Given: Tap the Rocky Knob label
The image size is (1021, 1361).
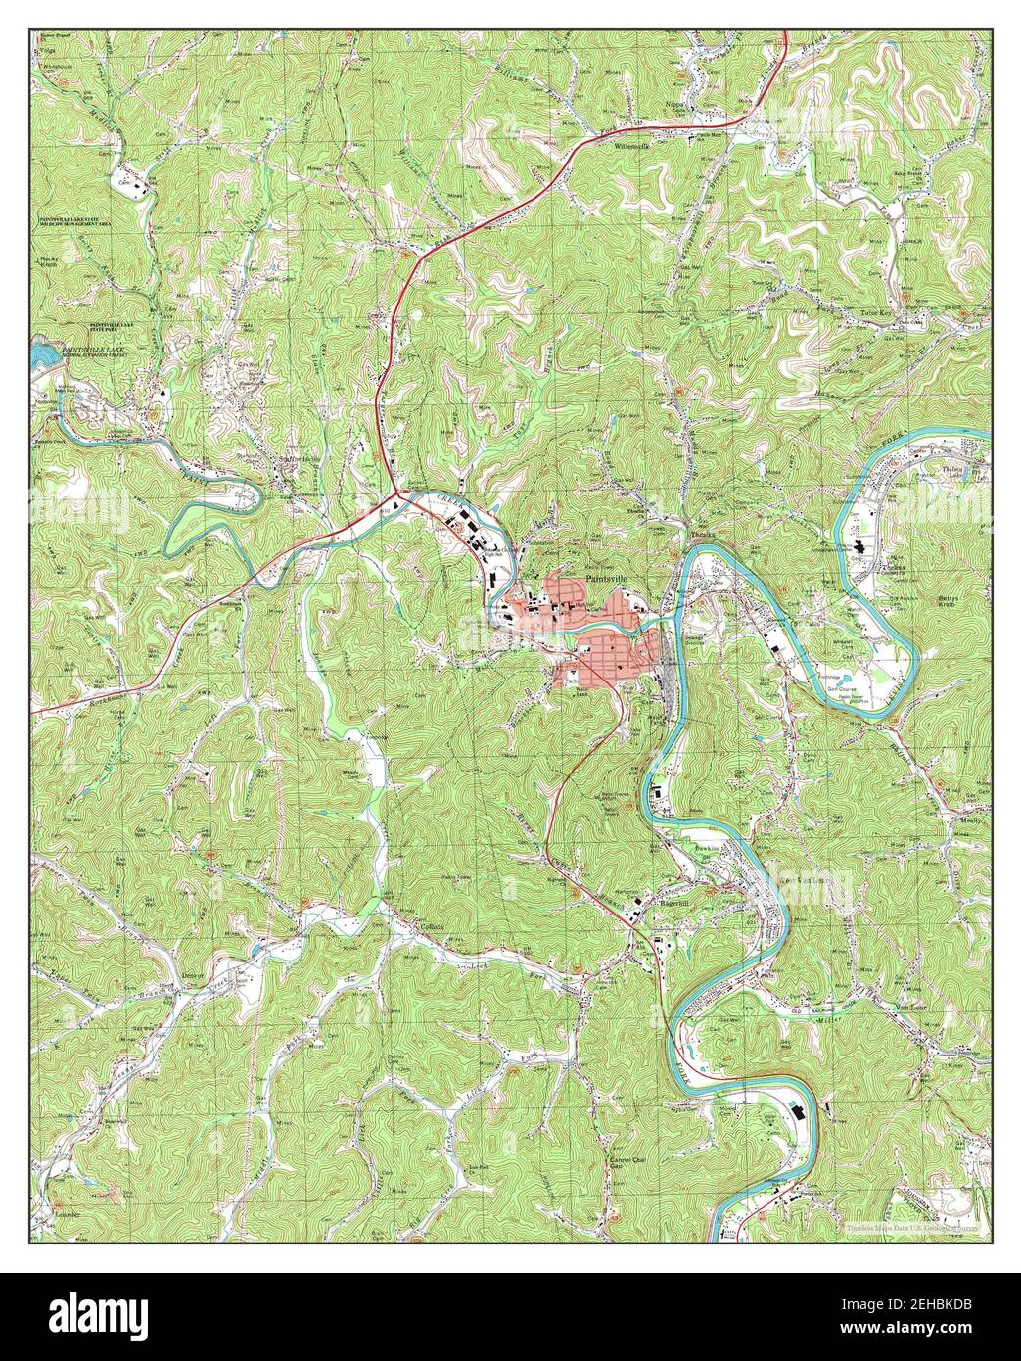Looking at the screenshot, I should click(x=46, y=262).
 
